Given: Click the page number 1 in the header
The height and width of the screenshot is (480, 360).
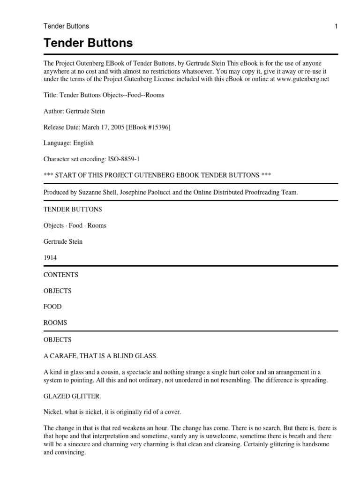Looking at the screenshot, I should coord(336,26).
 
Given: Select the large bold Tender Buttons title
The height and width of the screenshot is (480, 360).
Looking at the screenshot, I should coord(88,44).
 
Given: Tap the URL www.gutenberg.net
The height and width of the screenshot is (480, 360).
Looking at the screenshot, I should coord(303,79).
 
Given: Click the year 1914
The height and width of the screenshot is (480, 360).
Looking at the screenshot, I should coord(51,257).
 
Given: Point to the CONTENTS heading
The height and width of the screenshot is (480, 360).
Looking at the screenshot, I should coord(60,275).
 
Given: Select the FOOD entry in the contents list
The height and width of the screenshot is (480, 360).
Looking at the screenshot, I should coord(52,307).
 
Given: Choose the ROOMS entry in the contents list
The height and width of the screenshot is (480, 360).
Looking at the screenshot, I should coord(55,322).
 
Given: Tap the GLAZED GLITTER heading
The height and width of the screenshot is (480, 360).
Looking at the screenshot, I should coord(72,396).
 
